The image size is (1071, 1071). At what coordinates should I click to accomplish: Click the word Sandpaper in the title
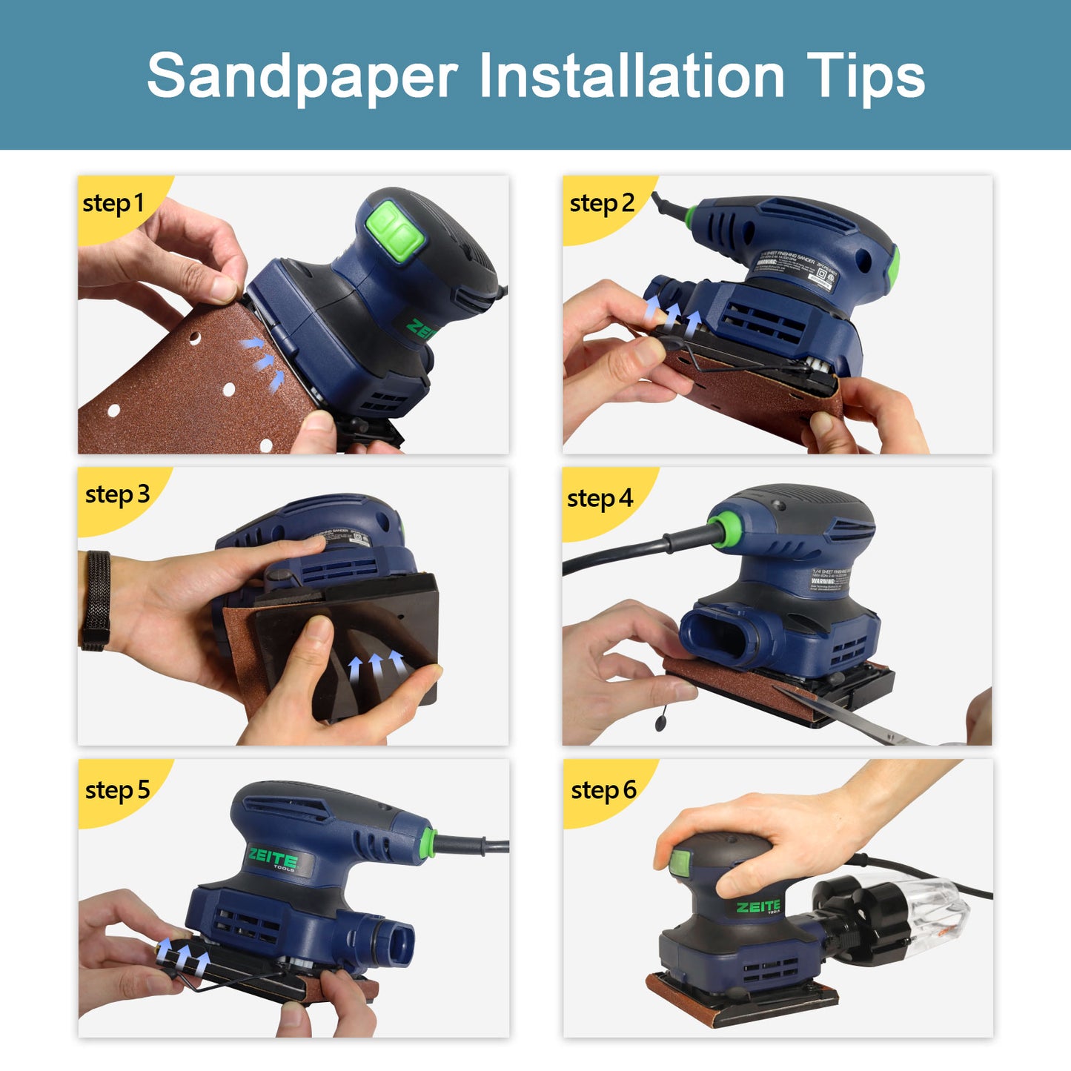click(x=302, y=76)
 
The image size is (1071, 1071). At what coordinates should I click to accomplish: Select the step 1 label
click(x=113, y=204)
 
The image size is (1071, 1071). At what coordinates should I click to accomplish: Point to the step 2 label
click(x=602, y=204)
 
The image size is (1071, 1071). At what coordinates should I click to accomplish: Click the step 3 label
click(x=117, y=495)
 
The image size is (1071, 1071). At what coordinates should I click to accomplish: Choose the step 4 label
click(x=600, y=499)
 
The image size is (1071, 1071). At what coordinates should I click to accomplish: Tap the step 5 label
click(x=117, y=791)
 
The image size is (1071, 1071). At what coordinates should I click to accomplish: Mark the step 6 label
click(x=603, y=791)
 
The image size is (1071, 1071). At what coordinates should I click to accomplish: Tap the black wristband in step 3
click(x=96, y=600)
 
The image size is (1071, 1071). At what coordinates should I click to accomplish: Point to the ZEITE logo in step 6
click(x=758, y=907)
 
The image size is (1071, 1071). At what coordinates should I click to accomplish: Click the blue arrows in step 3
click(x=377, y=665)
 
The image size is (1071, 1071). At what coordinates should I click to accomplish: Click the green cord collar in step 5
click(x=428, y=843)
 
